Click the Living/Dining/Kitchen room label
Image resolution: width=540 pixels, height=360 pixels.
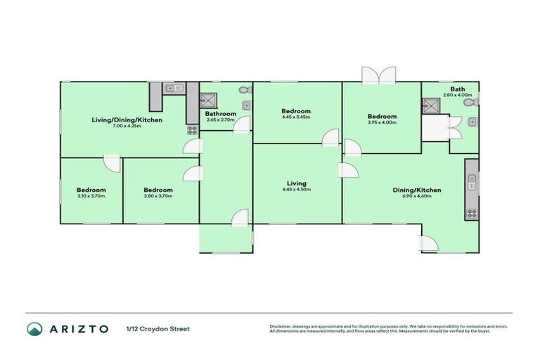pos(127,120)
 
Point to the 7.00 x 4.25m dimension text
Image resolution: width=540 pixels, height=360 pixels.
pos(127,126)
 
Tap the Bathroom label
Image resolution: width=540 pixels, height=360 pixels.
pos(221,113)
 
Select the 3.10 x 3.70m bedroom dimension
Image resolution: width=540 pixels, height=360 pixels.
pos(91,196)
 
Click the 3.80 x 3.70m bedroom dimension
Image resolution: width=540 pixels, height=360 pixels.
pos(158,196)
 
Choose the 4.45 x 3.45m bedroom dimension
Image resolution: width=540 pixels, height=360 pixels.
pos(296,117)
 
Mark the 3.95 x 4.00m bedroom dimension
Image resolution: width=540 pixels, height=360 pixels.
pos(382,122)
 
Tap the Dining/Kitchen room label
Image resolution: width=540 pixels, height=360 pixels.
pos(416,189)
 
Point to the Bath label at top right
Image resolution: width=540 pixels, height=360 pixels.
pos(458,89)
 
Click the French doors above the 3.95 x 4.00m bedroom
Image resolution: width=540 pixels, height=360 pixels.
pos(378,75)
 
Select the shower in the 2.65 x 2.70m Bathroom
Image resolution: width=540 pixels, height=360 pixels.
pos(208,100)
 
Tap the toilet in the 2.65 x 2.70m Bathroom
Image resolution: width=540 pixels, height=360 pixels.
pos(244,90)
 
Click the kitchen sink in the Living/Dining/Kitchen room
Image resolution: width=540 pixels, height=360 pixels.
pos(174,88)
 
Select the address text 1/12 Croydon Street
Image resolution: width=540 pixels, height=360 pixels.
pos(158,328)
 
